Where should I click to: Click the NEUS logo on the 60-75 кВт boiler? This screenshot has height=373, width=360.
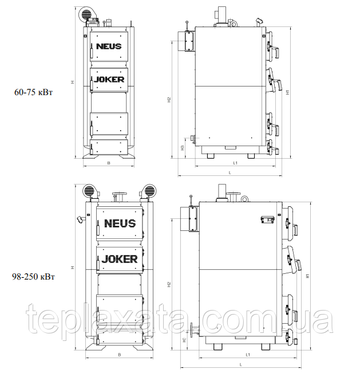(x=109, y=46)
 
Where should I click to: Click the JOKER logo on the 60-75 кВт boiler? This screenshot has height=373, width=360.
(x=109, y=80)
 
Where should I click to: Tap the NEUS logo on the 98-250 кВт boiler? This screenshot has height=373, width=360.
(x=120, y=223)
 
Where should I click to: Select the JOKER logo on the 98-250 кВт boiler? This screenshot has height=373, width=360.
(x=120, y=259)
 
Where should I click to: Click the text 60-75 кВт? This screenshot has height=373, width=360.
(x=34, y=92)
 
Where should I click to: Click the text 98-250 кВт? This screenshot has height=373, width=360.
(x=34, y=277)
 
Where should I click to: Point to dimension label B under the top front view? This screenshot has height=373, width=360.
(x=109, y=163)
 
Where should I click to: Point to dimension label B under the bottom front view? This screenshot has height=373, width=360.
(x=120, y=355)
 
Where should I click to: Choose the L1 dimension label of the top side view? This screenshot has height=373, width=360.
(x=235, y=163)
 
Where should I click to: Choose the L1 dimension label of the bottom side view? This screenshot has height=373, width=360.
(x=248, y=355)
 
